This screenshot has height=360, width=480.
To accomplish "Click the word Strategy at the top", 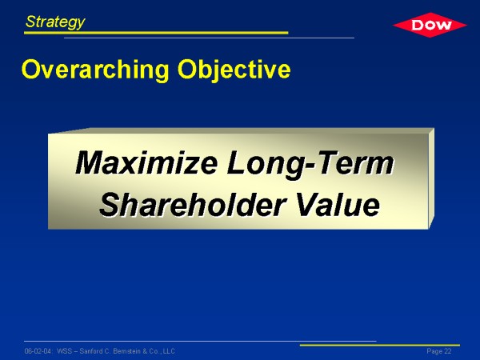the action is tap(55, 22).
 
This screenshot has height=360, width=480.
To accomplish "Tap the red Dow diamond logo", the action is tap(430, 25).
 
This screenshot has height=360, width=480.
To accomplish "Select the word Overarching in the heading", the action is tap(95, 70).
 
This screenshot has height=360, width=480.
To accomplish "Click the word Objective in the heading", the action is tap(234, 70).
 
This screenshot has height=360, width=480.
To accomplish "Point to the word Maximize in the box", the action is tap(146, 162).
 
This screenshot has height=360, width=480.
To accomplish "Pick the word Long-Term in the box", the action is tap(310, 164).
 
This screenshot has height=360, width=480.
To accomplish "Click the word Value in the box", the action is tap(338, 205).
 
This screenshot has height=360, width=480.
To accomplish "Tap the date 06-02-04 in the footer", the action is tap(38, 351).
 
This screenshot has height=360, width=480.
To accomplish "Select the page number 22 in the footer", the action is tap(448, 351).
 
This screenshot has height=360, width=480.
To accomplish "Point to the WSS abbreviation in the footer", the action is tap(64, 351).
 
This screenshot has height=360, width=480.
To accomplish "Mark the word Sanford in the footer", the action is tap(91, 351).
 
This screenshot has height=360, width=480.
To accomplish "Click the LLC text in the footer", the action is tap(169, 351).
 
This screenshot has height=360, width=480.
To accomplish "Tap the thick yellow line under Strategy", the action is tap(156, 33).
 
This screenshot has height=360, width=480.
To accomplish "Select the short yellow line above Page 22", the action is tap(380, 345).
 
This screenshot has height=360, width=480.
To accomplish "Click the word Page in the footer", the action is tap(434, 351).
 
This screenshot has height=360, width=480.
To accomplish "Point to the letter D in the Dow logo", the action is tap(418, 25).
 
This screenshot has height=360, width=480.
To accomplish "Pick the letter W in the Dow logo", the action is tap(443, 26).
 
